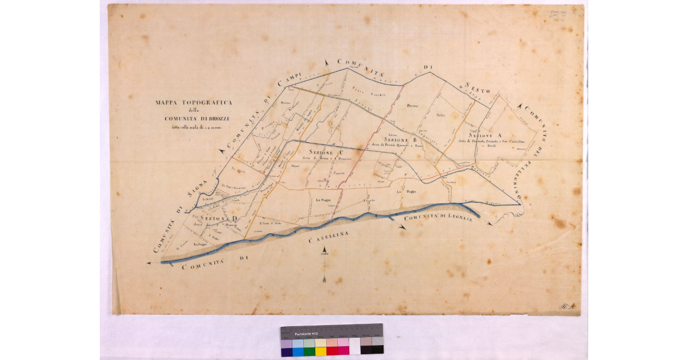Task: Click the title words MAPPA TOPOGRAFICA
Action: point(193,103)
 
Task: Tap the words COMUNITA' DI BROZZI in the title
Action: point(194,119)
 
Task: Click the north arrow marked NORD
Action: point(324,252)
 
